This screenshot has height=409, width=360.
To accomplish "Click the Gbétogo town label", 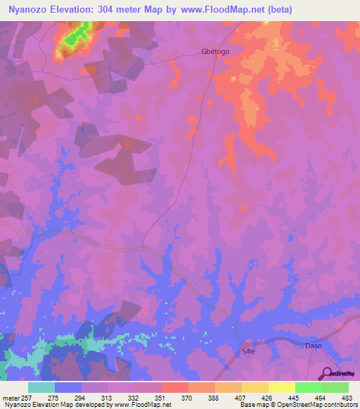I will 215,52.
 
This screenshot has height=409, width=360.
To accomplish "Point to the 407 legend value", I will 241,398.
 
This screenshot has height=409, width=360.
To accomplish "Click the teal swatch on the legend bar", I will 41,387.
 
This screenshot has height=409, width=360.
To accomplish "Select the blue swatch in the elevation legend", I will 68,387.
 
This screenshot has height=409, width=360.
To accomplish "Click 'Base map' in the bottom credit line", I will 251,405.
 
